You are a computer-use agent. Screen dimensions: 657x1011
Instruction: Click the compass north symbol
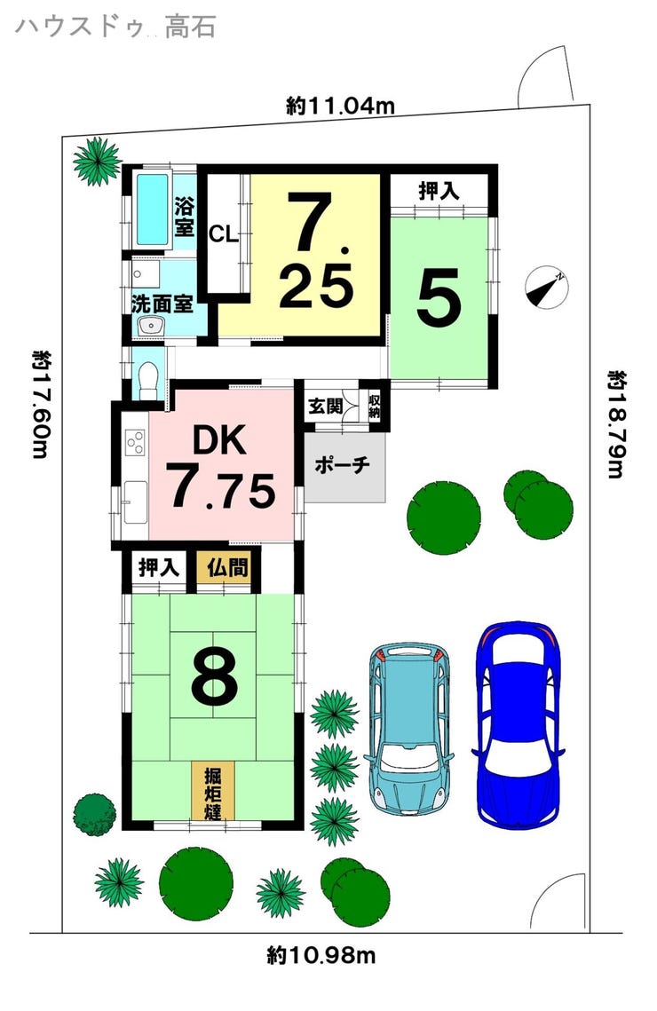pyautogui.click(x=547, y=286)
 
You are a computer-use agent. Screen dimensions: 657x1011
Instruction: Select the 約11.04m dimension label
pyautogui.click(x=340, y=105)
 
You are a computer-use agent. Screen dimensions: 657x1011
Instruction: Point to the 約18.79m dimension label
pyautogui.click(x=617, y=423)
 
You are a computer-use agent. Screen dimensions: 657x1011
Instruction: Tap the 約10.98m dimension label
pyautogui.click(x=321, y=955)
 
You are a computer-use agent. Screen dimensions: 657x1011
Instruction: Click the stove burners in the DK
pyautogui.click(x=136, y=442)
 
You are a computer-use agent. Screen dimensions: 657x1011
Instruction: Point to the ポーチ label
pyautogui.click(x=343, y=465)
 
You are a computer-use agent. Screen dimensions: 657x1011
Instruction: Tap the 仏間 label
pyautogui.click(x=227, y=568)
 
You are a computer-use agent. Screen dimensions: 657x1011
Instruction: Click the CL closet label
pyautogui.click(x=224, y=234)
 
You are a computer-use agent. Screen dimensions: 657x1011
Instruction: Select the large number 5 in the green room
pyautogui.click(x=439, y=297)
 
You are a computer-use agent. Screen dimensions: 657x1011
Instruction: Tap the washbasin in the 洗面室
pyautogui.click(x=151, y=327)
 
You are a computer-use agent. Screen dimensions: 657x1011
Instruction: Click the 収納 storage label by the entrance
pyautogui.click(x=375, y=407)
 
